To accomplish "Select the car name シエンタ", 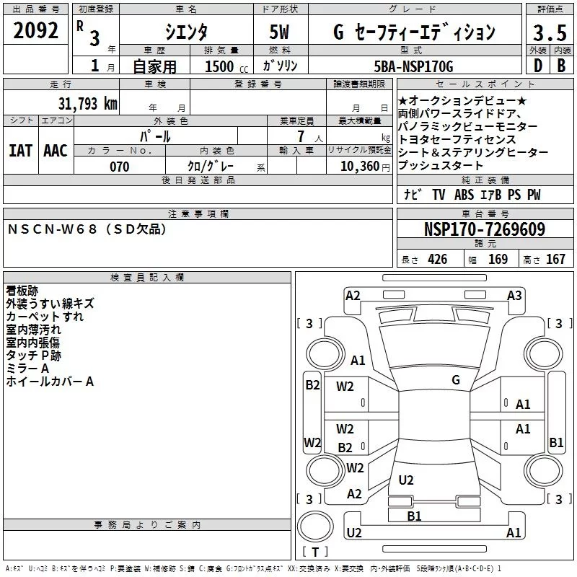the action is click(x=187, y=32).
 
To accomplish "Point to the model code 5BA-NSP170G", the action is click(x=415, y=66).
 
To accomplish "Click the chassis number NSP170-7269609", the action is click(x=484, y=229).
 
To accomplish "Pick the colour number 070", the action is click(x=119, y=167).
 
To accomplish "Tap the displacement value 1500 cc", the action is click(x=221, y=66).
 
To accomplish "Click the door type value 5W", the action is click(x=280, y=32).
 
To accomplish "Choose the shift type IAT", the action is click(x=21, y=151).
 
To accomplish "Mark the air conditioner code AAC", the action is click(x=56, y=151).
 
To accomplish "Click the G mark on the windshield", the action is click(x=455, y=379).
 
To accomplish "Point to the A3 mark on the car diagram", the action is click(x=514, y=295).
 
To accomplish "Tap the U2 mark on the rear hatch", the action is click(x=406, y=480).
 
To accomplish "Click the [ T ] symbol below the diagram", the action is click(x=315, y=552).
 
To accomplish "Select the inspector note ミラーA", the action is click(x=27, y=369).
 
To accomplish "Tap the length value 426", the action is click(x=437, y=260).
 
